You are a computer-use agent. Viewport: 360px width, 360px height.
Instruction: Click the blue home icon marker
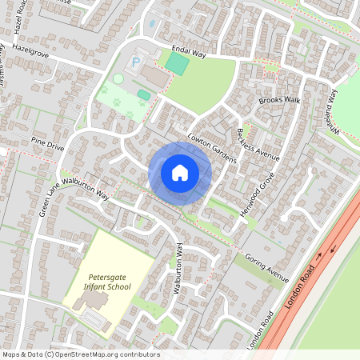point(180,173)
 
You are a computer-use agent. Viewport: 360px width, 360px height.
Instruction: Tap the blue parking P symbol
point(136,61)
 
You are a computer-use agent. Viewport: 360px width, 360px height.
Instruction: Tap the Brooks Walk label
point(278,101)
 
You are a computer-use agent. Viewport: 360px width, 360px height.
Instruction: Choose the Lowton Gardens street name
point(212,147)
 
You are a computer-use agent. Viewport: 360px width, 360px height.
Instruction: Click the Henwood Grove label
point(257,194)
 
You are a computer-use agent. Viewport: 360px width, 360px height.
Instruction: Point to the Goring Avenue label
point(266,270)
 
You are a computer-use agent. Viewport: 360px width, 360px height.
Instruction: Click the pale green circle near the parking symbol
point(118,78)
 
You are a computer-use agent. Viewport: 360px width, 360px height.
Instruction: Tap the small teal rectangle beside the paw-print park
point(143,94)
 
